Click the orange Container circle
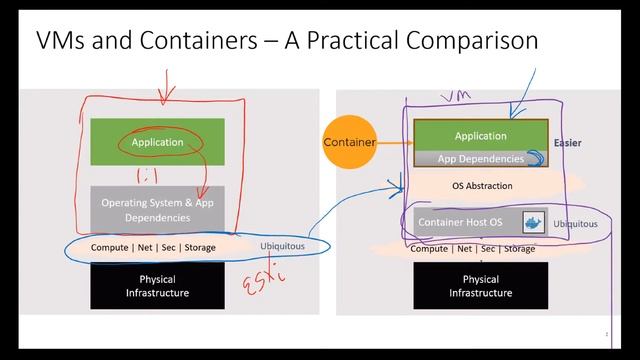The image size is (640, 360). coord(349,142)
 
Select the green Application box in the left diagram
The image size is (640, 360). coord(157,142)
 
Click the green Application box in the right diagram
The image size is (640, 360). coord(480,136)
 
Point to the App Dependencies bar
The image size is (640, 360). coord(480,158)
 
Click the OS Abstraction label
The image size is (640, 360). coord(482,186)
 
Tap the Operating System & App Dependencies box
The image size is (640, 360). coord(157,209)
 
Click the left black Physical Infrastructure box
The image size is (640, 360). coord(157,286)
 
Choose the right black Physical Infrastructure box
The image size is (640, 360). coord(480,286)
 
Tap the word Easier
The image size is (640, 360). coord(567,143)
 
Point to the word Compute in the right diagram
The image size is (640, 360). coord(429,249)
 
